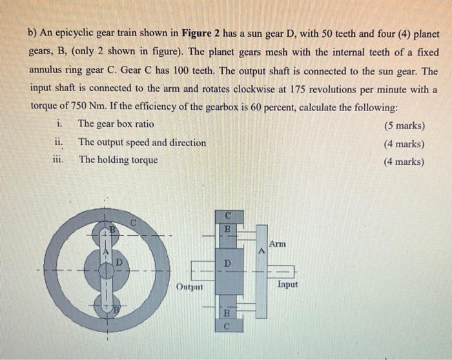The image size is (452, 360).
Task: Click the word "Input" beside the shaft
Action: pyautogui.click(x=287, y=284)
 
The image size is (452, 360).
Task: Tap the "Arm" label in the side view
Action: pyautogui.click(x=276, y=244)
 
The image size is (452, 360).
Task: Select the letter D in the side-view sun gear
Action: pyautogui.click(x=227, y=264)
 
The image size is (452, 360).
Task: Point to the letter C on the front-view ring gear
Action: pyautogui.click(x=133, y=222)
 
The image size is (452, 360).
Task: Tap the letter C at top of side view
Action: pyautogui.click(x=227, y=214)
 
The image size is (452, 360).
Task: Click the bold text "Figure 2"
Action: pyautogui.click(x=203, y=34)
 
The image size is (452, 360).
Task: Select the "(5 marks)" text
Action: pyautogui.click(x=404, y=124)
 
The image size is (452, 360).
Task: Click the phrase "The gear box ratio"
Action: pyautogui.click(x=116, y=124)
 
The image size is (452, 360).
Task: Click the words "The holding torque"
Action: pyautogui.click(x=118, y=160)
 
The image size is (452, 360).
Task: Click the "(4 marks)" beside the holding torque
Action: pyautogui.click(x=404, y=162)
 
